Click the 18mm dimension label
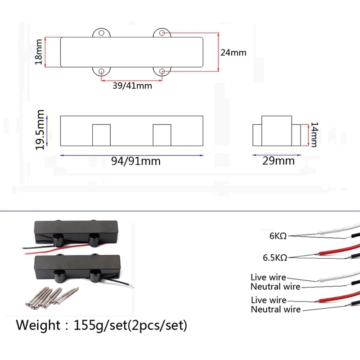[39, 53]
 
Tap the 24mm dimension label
[233, 52]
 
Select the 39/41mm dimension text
[131, 85]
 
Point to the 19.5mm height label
[40, 130]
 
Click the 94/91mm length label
[135, 161]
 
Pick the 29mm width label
[279, 161]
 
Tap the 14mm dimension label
[314, 135]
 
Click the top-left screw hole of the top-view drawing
[102, 33]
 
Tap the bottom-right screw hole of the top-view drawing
[162, 71]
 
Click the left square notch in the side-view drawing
[101, 135]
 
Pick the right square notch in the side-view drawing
[162, 135]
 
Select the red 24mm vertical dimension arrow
[219, 52]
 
